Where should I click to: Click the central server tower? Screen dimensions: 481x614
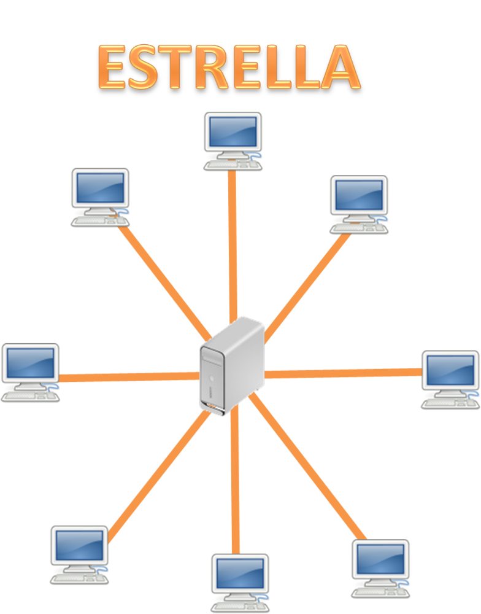pos(232,366)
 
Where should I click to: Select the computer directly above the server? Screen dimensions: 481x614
pos(233,141)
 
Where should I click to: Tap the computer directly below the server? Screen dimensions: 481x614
pos(240,583)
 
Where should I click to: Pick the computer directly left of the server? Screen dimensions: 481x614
pos(30,373)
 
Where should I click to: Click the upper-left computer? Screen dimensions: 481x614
pos(100,197)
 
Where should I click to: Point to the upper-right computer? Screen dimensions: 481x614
pos(359,204)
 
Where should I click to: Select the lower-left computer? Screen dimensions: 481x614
pos(79,555)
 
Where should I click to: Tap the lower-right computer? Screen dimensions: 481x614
pos(380,569)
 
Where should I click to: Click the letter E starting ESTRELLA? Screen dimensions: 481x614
pos(112,66)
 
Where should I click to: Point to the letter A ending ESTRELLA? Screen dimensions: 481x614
pos(339,66)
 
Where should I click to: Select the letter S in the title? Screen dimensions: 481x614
pos(142,66)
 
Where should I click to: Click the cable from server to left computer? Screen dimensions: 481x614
pos(129,377)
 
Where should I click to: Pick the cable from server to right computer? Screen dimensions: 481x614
pos(343,373)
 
